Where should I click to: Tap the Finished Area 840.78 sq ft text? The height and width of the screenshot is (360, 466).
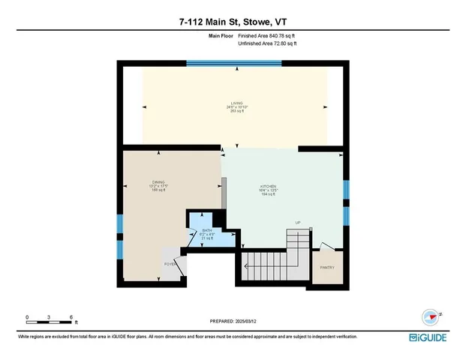coord(266,36)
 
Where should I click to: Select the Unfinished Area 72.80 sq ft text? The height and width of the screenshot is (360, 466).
coord(267,44)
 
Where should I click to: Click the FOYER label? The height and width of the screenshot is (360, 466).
coord(170,264)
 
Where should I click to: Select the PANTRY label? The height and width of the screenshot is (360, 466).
coord(326,268)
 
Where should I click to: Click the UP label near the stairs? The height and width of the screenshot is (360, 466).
coord(297,223)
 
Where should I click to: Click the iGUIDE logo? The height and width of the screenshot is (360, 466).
coord(428,337)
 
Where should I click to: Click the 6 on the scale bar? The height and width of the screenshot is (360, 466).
coord(71,316)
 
